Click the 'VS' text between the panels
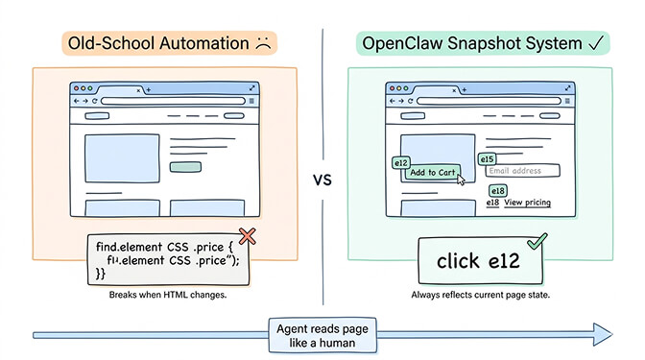[322, 179]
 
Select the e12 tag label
[402, 163]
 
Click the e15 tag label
[487, 158]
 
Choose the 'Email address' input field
[523, 171]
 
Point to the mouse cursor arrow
[462, 180]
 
